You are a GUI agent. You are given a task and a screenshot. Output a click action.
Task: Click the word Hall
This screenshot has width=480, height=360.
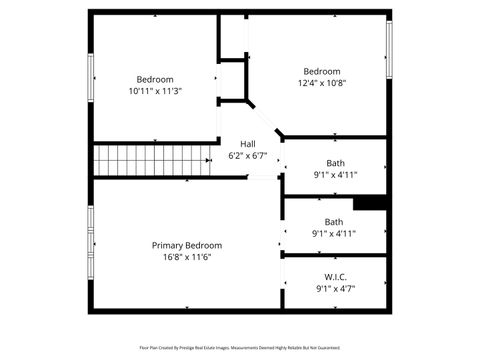point(247,143)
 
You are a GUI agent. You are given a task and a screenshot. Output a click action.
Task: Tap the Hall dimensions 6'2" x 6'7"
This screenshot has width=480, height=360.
point(247,155)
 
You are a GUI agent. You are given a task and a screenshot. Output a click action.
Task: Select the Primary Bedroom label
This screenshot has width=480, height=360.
point(187,245)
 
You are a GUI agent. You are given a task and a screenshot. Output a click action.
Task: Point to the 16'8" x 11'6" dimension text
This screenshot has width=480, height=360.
point(187,257)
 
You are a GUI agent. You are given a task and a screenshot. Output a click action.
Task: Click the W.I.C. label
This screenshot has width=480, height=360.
point(335,276)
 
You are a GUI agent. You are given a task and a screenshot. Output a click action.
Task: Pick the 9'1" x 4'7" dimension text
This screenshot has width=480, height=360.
point(335,288)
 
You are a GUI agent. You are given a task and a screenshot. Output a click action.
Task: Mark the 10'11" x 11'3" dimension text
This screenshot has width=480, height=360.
point(155,91)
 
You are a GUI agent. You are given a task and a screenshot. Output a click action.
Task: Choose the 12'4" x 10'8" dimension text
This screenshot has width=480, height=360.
point(322,84)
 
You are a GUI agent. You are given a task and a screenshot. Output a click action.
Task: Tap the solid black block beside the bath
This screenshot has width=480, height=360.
point(370,203)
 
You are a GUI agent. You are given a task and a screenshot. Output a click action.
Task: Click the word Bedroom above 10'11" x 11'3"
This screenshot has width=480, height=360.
point(155,79)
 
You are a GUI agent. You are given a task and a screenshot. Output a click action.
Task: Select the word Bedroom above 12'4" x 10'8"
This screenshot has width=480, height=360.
point(322,71)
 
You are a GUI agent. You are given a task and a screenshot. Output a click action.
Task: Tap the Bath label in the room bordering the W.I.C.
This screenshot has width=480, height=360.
point(334,222)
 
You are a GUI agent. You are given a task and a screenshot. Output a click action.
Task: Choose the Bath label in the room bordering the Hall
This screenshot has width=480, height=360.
point(335,163)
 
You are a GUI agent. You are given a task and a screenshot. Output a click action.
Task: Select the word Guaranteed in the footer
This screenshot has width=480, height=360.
point(329,348)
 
